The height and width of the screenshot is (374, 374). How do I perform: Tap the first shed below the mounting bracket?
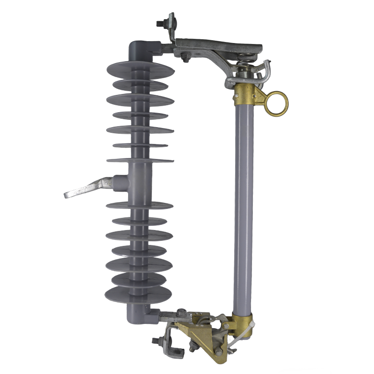[x=139, y=205]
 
